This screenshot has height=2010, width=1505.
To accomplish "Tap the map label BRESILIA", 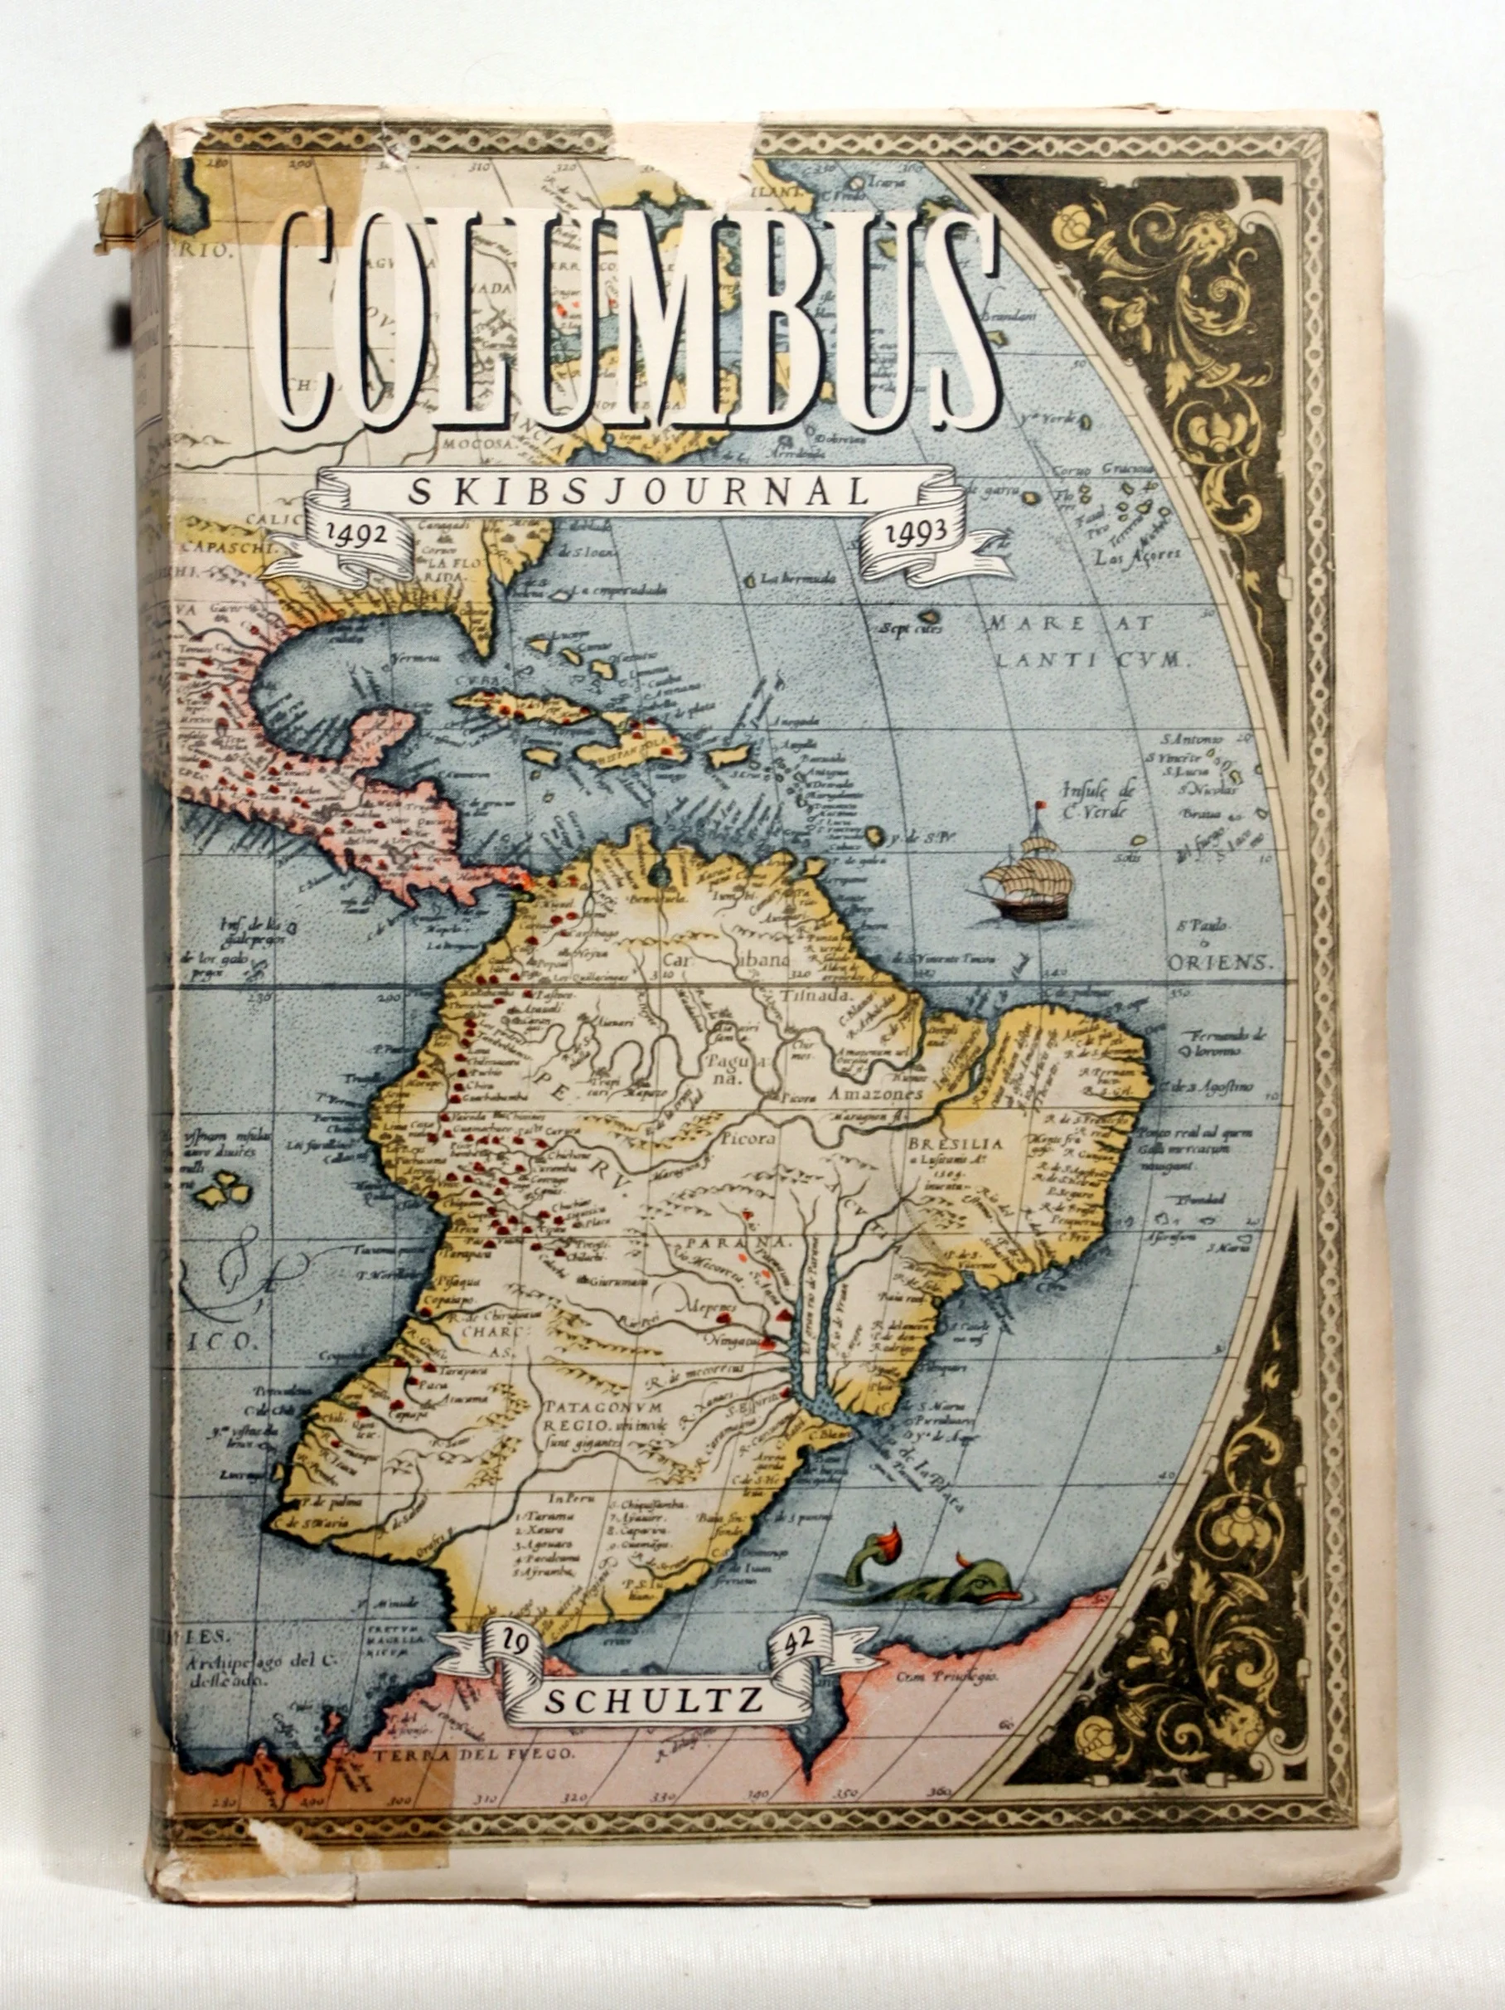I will coord(955,1144).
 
